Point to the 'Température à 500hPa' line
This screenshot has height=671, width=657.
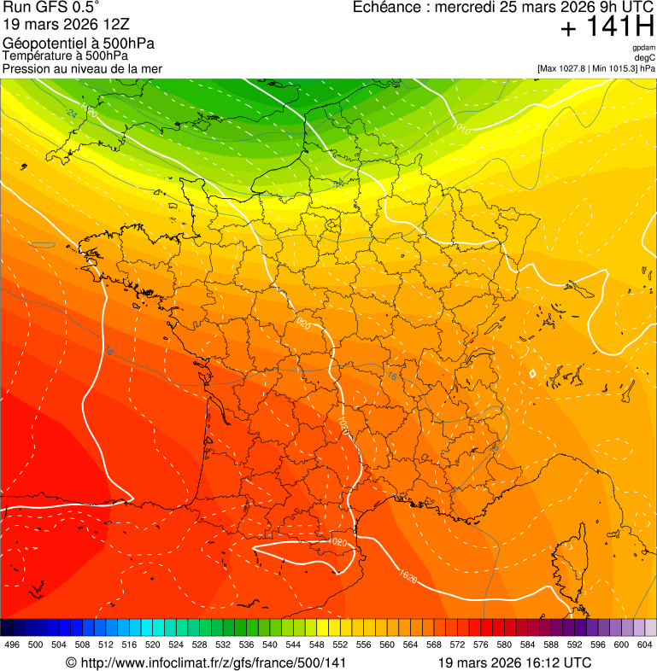pyautogui.click(x=65, y=55)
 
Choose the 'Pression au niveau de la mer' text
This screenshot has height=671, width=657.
pyautogui.click(x=82, y=68)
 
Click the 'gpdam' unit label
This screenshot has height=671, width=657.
pyautogui.click(x=643, y=48)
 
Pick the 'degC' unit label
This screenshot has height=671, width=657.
pyautogui.click(x=645, y=58)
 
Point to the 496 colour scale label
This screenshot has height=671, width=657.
pyautogui.click(x=12, y=645)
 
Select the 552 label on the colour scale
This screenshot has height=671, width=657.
pyautogui.click(x=340, y=645)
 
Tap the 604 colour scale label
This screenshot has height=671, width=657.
pyautogui.click(x=644, y=645)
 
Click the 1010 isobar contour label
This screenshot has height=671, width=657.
pyautogui.click(x=461, y=129)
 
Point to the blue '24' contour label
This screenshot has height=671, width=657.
pyautogui.click(x=71, y=113)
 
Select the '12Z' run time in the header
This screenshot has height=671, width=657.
pyautogui.click(x=114, y=25)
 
